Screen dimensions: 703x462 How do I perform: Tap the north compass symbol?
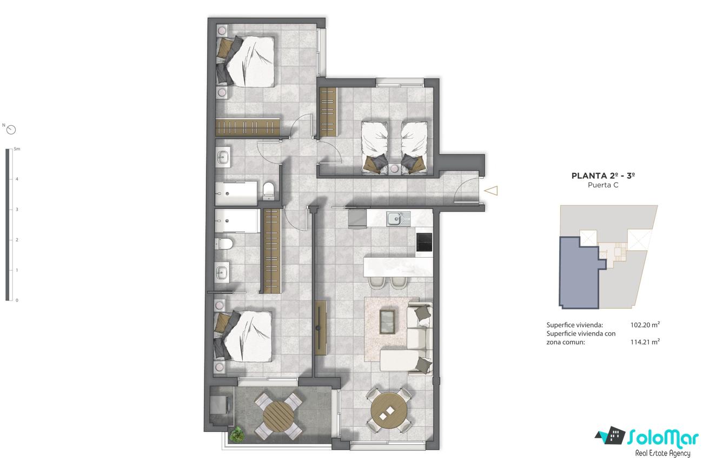[11, 130]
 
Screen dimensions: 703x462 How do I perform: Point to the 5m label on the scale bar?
[17, 149]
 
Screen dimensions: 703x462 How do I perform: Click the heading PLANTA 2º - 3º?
[603, 176]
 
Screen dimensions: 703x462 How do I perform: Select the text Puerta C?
[603, 185]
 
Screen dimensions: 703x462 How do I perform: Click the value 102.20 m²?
[645, 325]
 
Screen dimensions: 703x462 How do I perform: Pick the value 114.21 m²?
[645, 342]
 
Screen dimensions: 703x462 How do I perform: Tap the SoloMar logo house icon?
[611, 436]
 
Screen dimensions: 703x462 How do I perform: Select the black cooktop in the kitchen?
[424, 242]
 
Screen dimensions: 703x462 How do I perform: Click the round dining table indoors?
[389, 411]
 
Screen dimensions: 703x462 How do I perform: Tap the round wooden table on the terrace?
[278, 416]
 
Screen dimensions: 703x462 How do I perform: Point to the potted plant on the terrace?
[236, 435]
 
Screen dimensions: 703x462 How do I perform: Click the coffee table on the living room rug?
[388, 322]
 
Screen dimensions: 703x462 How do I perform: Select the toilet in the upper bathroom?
[269, 190]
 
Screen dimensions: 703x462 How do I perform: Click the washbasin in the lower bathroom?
[222, 272]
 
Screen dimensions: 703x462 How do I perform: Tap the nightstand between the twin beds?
[395, 169]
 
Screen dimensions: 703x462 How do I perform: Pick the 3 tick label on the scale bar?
[17, 209]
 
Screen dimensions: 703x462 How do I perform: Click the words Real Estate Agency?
[662, 453]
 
